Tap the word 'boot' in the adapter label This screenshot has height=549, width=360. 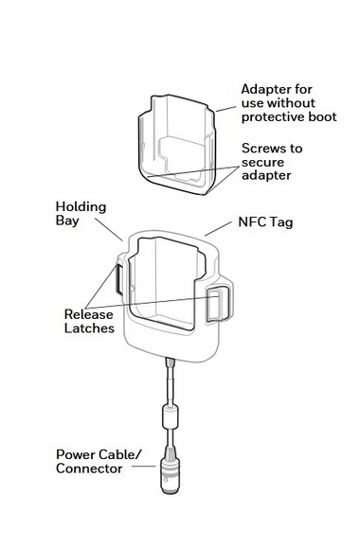(x=322, y=116)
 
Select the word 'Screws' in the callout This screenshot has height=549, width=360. (x=264, y=149)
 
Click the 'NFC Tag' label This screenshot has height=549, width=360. (x=265, y=222)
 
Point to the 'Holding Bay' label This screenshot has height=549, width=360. (x=81, y=214)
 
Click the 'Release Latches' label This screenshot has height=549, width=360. (x=89, y=321)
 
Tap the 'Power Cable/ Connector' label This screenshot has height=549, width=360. (x=99, y=462)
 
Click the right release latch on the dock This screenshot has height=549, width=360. (x=218, y=304)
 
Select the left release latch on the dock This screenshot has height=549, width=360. (x=118, y=279)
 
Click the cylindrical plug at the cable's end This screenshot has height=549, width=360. (x=170, y=475)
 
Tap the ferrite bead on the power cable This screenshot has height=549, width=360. (x=170, y=416)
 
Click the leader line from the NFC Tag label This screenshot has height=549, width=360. (x=218, y=229)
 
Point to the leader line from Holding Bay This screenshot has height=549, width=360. (x=109, y=230)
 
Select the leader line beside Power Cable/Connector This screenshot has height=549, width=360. (x=144, y=466)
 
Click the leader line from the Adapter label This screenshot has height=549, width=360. (x=226, y=109)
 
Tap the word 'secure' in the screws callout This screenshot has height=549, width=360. (x=262, y=163)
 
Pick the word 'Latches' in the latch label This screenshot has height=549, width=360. (x=89, y=328)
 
